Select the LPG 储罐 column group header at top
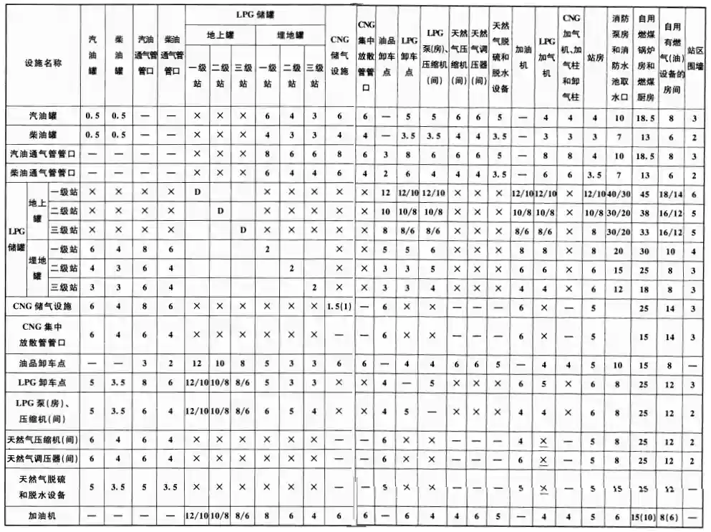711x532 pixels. point(256,12)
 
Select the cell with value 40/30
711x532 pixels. point(620,193)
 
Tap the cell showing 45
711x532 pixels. point(646,193)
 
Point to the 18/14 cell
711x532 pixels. point(672,193)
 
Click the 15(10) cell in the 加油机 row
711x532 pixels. point(646,516)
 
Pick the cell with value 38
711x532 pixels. point(646,212)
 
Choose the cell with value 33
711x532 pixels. point(646,231)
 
